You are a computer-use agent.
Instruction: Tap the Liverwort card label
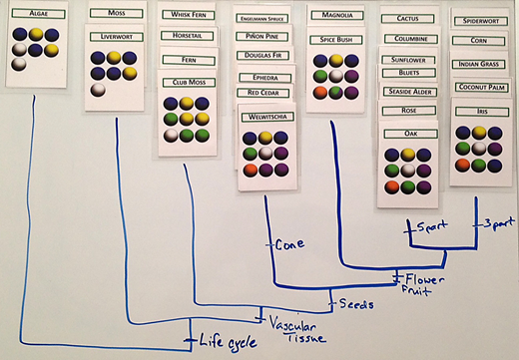click(117, 37)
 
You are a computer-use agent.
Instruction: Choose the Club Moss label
click(190, 83)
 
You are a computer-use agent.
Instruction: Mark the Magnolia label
click(335, 16)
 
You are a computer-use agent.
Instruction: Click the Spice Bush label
click(335, 40)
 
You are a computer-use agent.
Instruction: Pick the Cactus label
click(407, 19)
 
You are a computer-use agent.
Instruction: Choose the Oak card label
click(410, 133)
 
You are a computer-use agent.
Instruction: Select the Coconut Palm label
click(482, 88)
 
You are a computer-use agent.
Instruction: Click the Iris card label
click(482, 112)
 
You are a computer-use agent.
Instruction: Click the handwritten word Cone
click(288, 242)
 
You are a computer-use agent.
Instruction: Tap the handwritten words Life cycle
click(220, 340)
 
